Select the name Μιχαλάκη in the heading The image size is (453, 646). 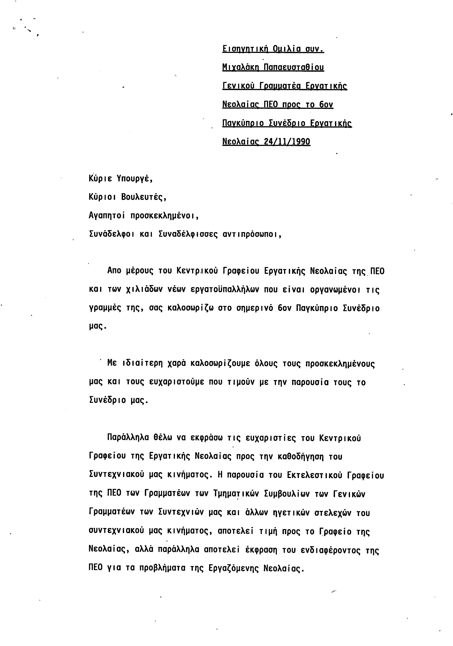(x=240, y=67)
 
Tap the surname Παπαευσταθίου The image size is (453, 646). (x=294, y=67)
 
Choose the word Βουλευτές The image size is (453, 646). (x=144, y=197)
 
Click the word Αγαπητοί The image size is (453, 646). (x=107, y=216)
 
